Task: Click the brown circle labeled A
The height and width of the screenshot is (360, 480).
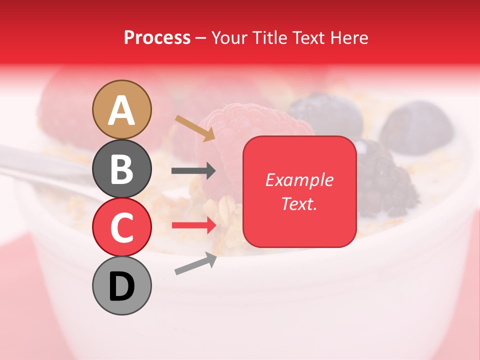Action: (x=121, y=109)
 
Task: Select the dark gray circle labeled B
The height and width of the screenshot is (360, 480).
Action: (x=121, y=168)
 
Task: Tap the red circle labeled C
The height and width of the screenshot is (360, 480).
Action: (x=121, y=227)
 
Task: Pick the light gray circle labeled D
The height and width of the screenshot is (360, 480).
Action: (x=121, y=285)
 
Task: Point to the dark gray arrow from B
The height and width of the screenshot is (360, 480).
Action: (x=193, y=171)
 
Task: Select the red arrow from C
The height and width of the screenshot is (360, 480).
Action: (x=193, y=225)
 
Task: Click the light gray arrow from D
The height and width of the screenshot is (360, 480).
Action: (x=195, y=264)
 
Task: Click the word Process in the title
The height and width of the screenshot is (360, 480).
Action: (x=157, y=38)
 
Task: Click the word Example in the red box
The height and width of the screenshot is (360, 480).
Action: (x=299, y=180)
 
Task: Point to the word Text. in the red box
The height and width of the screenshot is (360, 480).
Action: (x=299, y=203)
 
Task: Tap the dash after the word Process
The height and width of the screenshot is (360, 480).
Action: (x=201, y=38)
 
